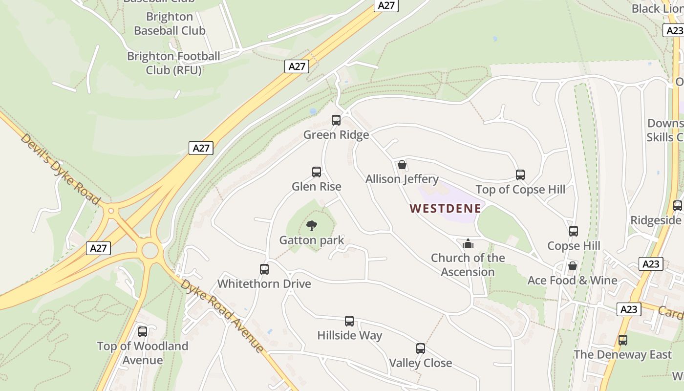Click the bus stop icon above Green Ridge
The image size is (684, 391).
[336, 120]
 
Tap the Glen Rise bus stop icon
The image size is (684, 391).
[317, 172]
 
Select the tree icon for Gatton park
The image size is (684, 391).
[312, 225]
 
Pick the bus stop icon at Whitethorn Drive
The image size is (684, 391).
[264, 269]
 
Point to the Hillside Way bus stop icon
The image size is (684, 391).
[349, 321]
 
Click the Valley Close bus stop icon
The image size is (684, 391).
[421, 348]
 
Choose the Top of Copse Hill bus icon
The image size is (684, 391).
[520, 175]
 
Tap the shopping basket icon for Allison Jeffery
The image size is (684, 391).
[402, 165]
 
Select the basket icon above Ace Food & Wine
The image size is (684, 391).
[573, 266]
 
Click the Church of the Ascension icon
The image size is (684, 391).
[468, 243]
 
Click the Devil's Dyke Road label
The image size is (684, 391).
[60, 169]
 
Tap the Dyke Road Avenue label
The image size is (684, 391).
[222, 316]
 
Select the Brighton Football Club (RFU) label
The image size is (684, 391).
[173, 63]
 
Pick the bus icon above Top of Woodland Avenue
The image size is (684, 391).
[143, 332]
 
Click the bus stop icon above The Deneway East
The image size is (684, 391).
[623, 340]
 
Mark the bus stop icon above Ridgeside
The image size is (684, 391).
[678, 206]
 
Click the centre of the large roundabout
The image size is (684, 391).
[150, 251]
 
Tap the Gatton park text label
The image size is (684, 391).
[312, 240]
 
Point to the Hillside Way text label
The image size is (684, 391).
[349, 336]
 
